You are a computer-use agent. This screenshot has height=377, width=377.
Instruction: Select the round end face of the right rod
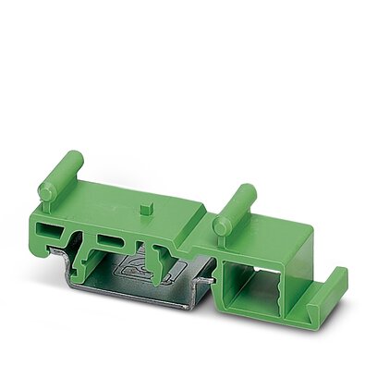[221, 225]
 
